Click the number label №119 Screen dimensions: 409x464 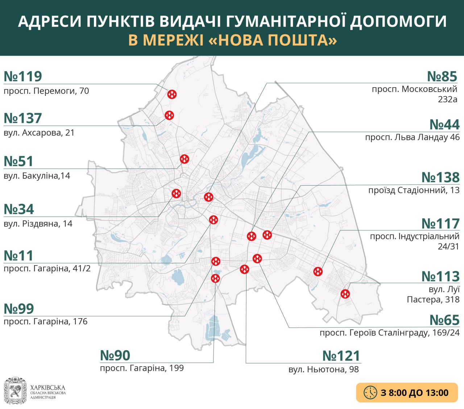click(x=23, y=77)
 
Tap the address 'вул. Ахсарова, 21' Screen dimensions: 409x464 click(x=39, y=133)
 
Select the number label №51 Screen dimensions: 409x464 click(x=18, y=161)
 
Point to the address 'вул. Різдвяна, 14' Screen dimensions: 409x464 click(x=38, y=224)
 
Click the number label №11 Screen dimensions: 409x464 click(x=18, y=256)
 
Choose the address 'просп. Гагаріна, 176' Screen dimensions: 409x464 click(x=46, y=321)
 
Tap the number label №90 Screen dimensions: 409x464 click(x=115, y=355)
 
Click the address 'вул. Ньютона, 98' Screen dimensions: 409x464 click(x=323, y=369)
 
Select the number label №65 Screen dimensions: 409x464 click(x=444, y=320)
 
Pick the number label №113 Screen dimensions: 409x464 click(x=440, y=276)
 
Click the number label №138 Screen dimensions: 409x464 click(x=440, y=178)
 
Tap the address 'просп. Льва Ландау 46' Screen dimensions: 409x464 click(x=412, y=137)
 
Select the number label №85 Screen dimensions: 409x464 click(x=442, y=77)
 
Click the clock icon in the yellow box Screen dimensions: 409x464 click(x=370, y=393)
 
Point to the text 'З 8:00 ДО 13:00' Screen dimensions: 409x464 click(x=415, y=393)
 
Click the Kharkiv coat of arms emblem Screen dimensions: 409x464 click(x=15, y=391)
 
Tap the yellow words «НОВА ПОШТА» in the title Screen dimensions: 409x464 click(x=273, y=40)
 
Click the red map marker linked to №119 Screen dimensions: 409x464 click(x=172, y=94)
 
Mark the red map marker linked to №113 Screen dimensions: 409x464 click(x=345, y=293)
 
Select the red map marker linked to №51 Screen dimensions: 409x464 click(x=185, y=159)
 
